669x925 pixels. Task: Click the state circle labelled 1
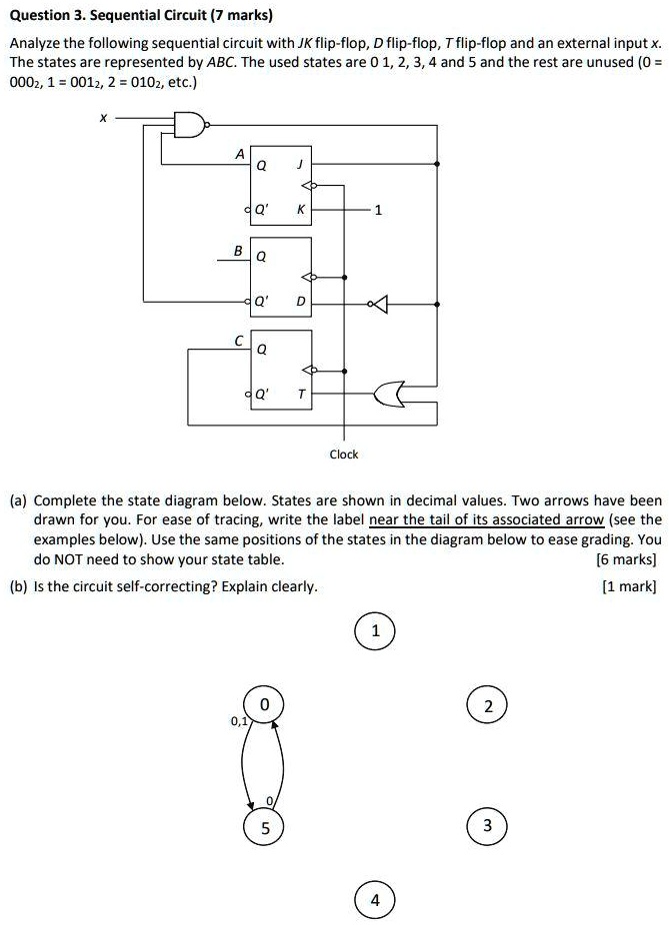click(375, 632)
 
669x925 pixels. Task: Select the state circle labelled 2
click(487, 706)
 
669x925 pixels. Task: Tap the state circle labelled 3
click(487, 825)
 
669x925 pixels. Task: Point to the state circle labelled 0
click(264, 706)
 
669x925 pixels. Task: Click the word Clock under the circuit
click(344, 455)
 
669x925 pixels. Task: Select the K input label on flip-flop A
click(297, 212)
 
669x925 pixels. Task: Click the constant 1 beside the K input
click(376, 212)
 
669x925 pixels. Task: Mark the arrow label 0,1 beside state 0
click(237, 719)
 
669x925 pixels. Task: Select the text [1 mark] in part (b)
click(632, 586)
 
